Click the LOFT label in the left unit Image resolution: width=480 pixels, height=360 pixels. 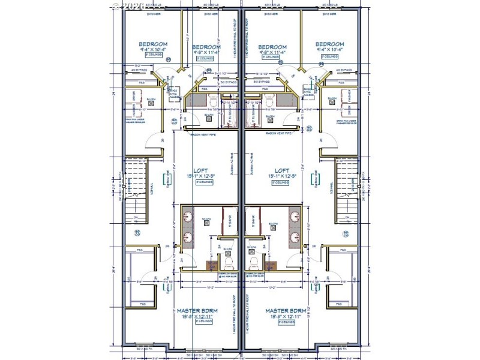click(200, 170)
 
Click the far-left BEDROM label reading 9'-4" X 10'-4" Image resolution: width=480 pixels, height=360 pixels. click(153, 44)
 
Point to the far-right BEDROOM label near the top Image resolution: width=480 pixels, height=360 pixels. click(330, 44)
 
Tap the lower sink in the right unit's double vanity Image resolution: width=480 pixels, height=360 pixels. click(295, 237)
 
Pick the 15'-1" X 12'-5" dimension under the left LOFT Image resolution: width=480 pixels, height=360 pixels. click(200, 176)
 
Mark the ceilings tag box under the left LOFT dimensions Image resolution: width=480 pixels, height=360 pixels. click(200, 182)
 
